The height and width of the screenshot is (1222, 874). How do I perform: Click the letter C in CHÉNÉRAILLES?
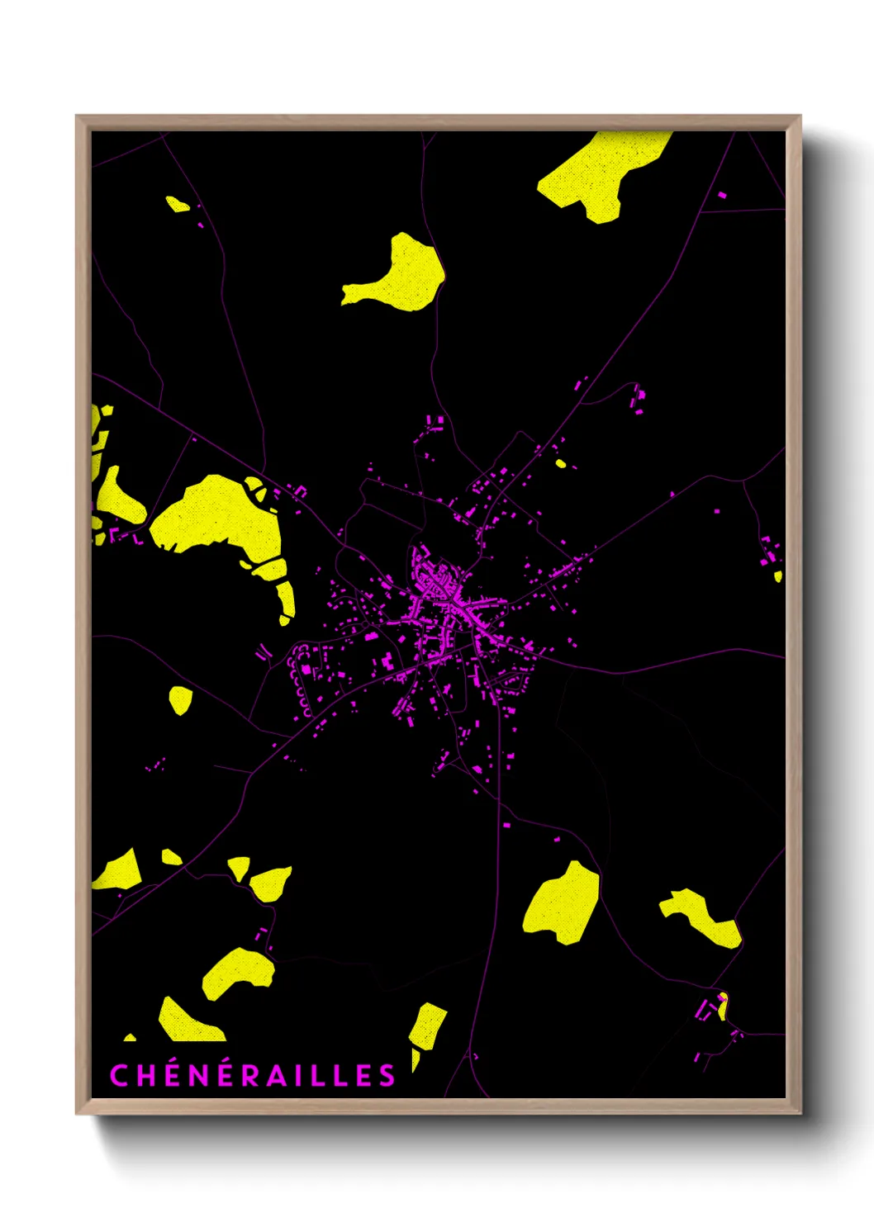coord(119,1075)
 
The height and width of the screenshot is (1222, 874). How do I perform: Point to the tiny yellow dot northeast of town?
coord(561,463)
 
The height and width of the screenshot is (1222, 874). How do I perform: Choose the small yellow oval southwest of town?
coord(180,700)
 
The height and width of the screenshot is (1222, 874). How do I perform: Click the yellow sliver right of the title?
coord(416,1059)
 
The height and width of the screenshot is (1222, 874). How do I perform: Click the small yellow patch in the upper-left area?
coord(177,203)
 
